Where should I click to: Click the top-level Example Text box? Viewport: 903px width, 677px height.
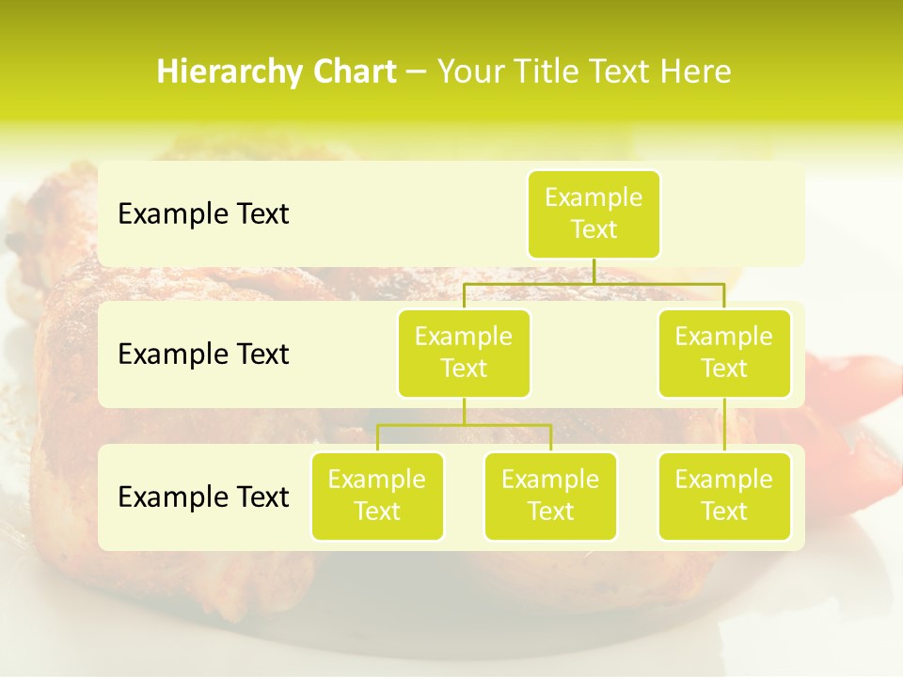pos(594,214)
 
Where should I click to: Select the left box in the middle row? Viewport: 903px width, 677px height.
pos(464,353)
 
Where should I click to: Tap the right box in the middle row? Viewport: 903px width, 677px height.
pos(724,353)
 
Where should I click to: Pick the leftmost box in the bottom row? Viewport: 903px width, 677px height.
pos(377,496)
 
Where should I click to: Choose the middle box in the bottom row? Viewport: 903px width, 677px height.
pos(550,496)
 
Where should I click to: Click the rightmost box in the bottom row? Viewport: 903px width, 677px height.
pos(724,496)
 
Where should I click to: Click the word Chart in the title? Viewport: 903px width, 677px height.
pos(354,72)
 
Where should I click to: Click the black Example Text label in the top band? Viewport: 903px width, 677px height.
pos(203,214)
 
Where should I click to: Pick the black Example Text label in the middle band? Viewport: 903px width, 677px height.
pos(203,354)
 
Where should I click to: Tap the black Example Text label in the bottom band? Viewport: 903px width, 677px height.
pos(203,496)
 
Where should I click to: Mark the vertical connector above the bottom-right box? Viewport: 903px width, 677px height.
pos(724,425)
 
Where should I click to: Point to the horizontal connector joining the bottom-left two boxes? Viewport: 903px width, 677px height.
pos(464,425)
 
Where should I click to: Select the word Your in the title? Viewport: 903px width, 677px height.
pos(471,72)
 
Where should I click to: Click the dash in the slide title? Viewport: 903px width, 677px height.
pos(417,72)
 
